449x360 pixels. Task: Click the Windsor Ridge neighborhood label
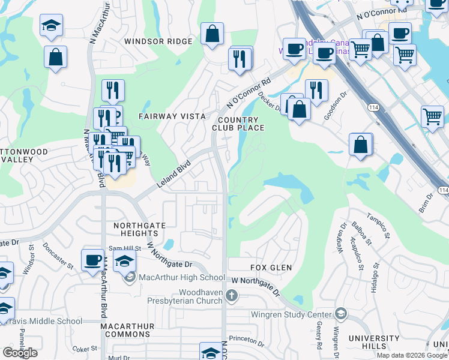(158, 41)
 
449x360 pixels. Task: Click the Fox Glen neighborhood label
(270, 268)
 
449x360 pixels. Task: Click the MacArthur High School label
(181, 277)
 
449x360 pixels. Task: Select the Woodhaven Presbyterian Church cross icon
(232, 295)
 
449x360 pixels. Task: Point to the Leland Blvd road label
(174, 173)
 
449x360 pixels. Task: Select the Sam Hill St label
(124, 248)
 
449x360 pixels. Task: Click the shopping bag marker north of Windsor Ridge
(212, 34)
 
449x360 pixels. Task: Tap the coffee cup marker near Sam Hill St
(92, 260)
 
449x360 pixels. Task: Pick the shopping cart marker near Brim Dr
(432, 117)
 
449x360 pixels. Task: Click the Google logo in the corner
(20, 353)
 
